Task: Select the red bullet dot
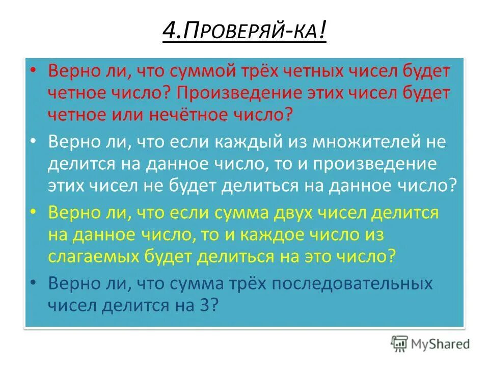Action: tap(33, 71)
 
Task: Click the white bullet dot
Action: tap(33, 142)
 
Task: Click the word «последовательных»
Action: tap(339, 283)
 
